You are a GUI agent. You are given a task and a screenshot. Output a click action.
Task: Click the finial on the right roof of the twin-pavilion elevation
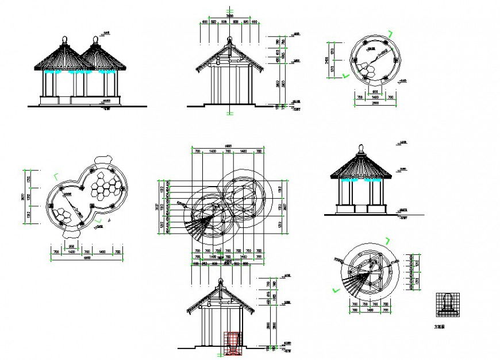[x=94, y=40]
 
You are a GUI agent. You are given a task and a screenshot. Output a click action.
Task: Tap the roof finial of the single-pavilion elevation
[x=361, y=148]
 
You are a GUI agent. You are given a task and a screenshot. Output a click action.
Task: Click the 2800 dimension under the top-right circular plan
[x=375, y=103]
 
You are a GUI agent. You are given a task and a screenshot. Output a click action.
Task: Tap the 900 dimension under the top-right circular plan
[x=374, y=91]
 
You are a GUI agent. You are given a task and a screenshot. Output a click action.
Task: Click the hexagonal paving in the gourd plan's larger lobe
[x=107, y=184]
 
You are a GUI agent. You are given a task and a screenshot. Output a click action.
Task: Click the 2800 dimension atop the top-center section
[x=229, y=17]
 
